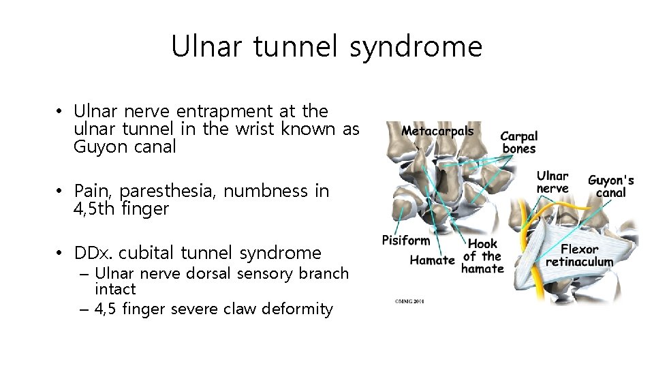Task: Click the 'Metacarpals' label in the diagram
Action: (437, 131)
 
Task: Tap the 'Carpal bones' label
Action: (519, 143)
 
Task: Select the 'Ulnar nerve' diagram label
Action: (552, 182)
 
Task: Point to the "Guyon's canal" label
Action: (610, 186)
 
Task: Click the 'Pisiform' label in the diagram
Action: (406, 240)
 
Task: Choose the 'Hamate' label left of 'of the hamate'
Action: (432, 260)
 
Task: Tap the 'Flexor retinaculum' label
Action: (580, 256)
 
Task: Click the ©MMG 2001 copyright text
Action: (409, 300)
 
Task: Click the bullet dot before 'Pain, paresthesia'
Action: (60, 191)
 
